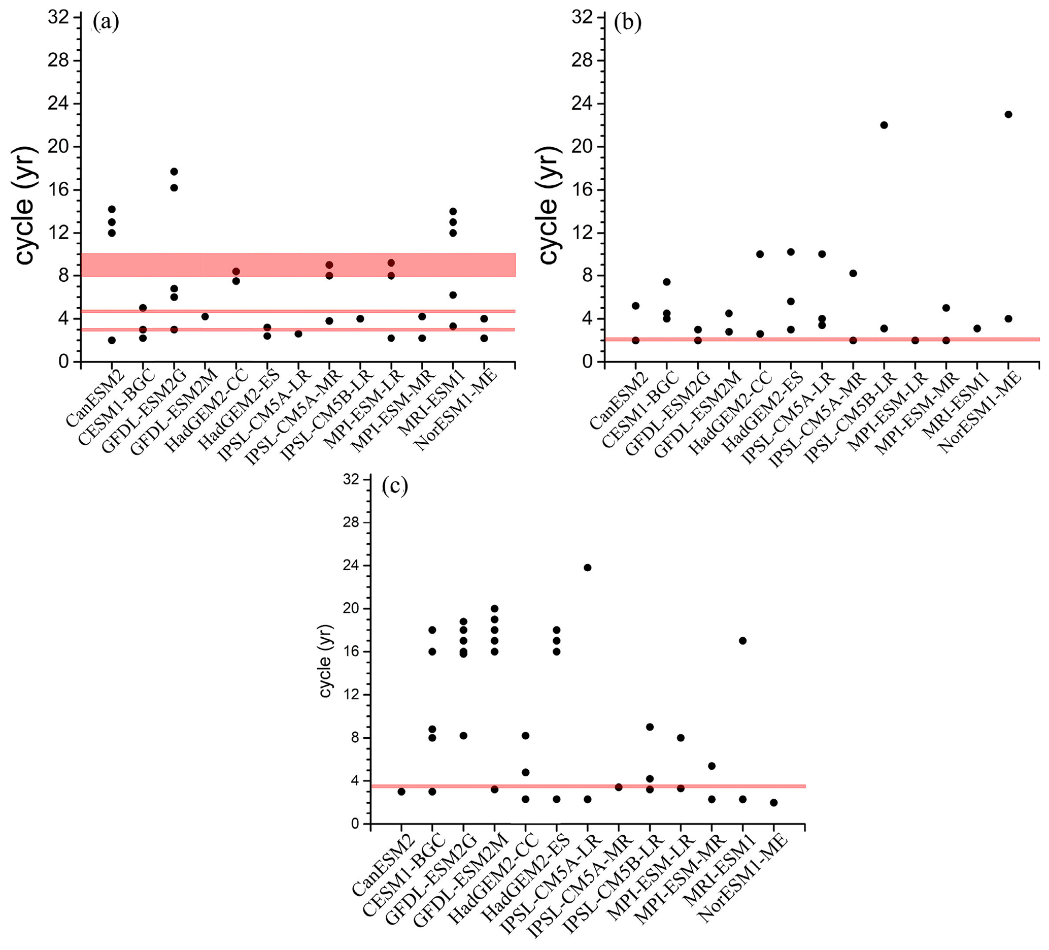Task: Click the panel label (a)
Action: click(106, 22)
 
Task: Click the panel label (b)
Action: click(628, 22)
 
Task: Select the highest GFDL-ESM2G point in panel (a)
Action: click(174, 171)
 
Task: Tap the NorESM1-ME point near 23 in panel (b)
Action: click(1008, 114)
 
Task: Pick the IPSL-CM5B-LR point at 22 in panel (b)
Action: click(884, 125)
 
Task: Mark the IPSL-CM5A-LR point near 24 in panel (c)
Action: click(588, 567)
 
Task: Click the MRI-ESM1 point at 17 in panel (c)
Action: click(742, 640)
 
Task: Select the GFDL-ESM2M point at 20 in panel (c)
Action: click(494, 608)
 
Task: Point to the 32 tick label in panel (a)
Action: click(58, 18)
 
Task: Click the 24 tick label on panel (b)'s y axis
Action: click(582, 104)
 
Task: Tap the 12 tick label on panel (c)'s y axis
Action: click(351, 695)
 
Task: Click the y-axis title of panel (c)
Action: click(325, 661)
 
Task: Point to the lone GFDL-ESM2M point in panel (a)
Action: click(205, 316)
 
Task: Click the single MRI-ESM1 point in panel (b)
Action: click(977, 329)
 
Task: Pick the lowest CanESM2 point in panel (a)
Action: click(112, 340)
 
